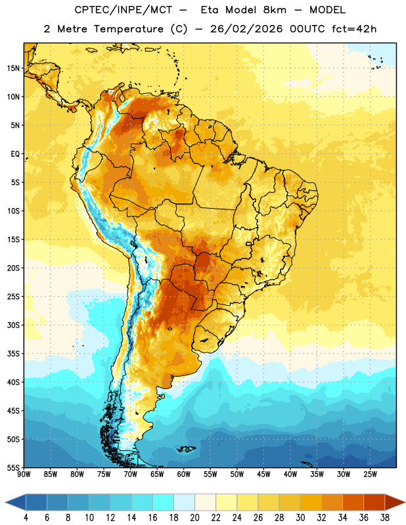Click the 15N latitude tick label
(x=13, y=68)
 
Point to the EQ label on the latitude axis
(x=15, y=154)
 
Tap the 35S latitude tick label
(x=13, y=354)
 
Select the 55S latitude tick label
(x=13, y=468)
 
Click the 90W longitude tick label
(x=24, y=474)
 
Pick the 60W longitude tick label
(x=184, y=474)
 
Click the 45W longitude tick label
(x=264, y=474)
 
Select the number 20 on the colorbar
(x=194, y=518)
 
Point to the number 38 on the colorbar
(x=385, y=518)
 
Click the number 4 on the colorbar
(x=26, y=518)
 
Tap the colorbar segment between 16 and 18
(x=164, y=502)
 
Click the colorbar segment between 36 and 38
(x=374, y=502)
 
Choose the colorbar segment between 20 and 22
(x=206, y=502)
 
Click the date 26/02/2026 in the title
(x=246, y=29)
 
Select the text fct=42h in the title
(x=354, y=29)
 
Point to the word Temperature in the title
(x=129, y=29)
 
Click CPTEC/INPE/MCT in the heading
(x=124, y=10)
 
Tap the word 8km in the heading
(x=275, y=10)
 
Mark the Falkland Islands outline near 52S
(x=186, y=449)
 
